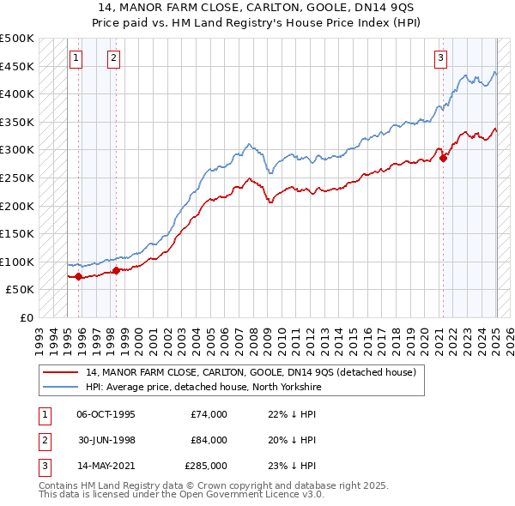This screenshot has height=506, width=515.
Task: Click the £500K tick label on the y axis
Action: pos(17,39)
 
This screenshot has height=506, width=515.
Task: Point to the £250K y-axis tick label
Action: pos(17,178)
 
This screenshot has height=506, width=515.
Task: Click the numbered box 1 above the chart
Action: pos(76,58)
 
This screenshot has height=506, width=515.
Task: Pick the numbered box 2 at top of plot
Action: pos(113,58)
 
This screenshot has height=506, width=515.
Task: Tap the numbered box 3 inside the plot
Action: pos(440,58)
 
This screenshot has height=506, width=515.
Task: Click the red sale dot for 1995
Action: pos(78,276)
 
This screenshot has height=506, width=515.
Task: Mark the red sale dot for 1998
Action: pos(117,271)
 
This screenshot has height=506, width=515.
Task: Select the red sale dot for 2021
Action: pos(443,159)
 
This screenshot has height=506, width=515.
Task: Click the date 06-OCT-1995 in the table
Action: pos(106,414)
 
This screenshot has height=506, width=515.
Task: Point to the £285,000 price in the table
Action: pos(206,466)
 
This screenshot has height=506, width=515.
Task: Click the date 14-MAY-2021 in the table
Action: pos(106,466)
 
